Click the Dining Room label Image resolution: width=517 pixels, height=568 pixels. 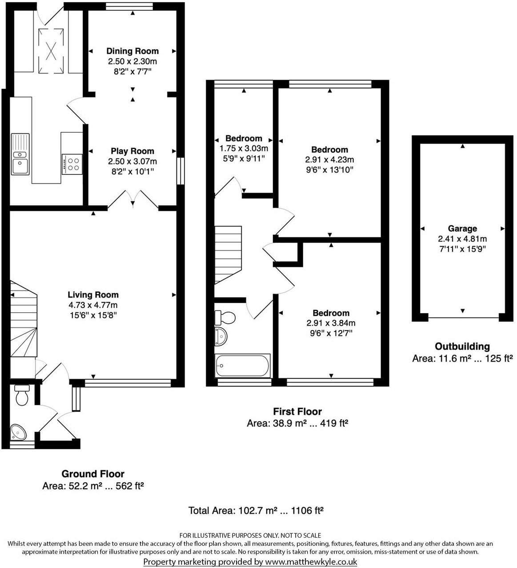pyautogui.click(x=132, y=51)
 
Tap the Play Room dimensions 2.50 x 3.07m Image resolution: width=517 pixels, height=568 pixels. pyautogui.click(x=132, y=161)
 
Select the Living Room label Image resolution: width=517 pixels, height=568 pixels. pyautogui.click(x=93, y=294)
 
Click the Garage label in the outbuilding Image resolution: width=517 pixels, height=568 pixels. pyautogui.click(x=462, y=229)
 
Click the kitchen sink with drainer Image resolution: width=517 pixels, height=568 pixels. pyautogui.click(x=20, y=154)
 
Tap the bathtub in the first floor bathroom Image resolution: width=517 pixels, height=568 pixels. pyautogui.click(x=243, y=366)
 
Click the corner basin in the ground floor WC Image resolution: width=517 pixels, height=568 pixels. pyautogui.click(x=19, y=431)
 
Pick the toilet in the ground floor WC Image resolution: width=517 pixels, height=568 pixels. pyautogui.click(x=22, y=395)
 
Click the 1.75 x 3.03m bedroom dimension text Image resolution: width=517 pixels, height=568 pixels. pyautogui.click(x=244, y=148)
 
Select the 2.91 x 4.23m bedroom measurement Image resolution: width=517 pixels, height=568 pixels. pyautogui.click(x=329, y=160)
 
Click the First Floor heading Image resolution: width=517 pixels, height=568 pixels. pyautogui.click(x=297, y=411)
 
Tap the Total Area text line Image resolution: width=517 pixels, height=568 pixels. pyautogui.click(x=256, y=511)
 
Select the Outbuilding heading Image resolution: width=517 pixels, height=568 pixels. pyautogui.click(x=462, y=346)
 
